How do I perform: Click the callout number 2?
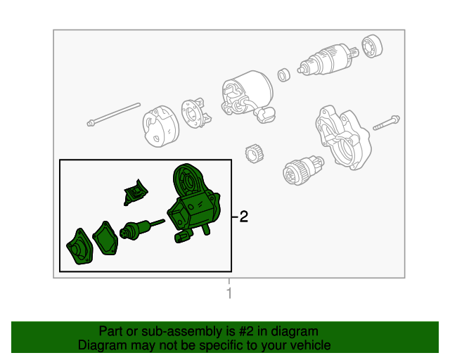pyautogui.click(x=243, y=217)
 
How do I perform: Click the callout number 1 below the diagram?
pyautogui.click(x=229, y=293)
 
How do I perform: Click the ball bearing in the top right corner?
pyautogui.click(x=372, y=46)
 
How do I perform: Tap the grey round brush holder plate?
pyautogui.click(x=193, y=112)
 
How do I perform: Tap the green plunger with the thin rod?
pyautogui.click(x=139, y=230)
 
